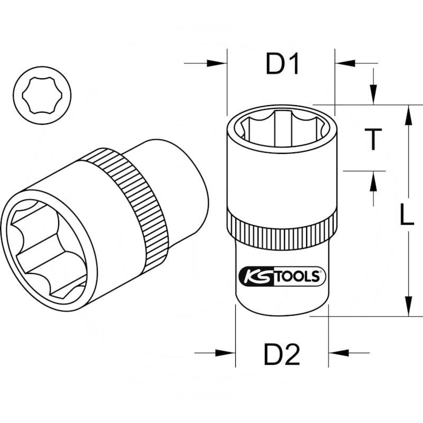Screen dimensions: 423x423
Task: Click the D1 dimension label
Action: [x=282, y=66]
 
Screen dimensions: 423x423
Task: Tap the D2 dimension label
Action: [x=282, y=355]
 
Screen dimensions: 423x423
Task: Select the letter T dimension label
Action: [x=374, y=139]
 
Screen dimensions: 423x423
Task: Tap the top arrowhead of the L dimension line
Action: [x=408, y=114]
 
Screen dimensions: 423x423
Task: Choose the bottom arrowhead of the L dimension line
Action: [x=408, y=307]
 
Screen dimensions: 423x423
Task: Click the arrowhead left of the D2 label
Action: [x=227, y=353]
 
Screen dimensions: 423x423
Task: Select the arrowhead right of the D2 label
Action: [x=337, y=353]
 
